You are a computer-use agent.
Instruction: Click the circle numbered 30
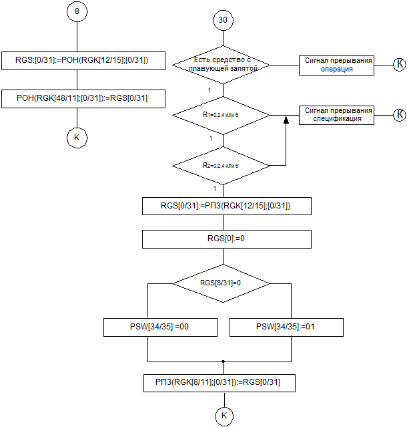click(x=222, y=20)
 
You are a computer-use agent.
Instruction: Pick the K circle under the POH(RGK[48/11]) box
click(x=77, y=138)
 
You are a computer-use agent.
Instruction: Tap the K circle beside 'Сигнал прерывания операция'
click(x=399, y=64)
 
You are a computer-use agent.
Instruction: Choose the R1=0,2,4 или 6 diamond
click(x=222, y=115)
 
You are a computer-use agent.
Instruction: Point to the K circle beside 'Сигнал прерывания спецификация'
click(x=399, y=114)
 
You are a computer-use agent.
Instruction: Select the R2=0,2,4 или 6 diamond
click(x=222, y=164)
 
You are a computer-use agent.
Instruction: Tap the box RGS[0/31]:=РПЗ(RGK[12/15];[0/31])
click(x=227, y=206)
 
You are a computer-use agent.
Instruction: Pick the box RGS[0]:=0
click(x=227, y=239)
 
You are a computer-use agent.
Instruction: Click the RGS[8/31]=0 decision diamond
click(x=222, y=283)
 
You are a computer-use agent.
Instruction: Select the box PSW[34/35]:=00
click(x=161, y=327)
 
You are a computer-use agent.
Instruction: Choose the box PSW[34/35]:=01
click(x=286, y=327)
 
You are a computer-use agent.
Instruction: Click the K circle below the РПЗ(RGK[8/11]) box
click(x=224, y=416)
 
